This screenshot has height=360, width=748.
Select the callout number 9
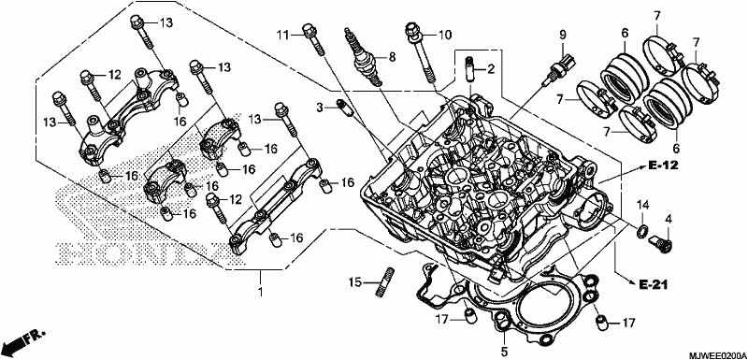tap(563, 35)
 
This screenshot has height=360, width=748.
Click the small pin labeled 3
tap(343, 108)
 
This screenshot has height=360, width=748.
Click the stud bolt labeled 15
tap(387, 282)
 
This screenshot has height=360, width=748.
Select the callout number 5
tap(504, 353)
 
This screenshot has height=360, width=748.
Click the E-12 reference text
tap(663, 166)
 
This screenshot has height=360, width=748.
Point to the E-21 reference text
tap(653, 285)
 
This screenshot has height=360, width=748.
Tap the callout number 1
tap(261, 291)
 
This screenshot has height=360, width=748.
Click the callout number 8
tap(392, 58)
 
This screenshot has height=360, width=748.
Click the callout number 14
tap(643, 206)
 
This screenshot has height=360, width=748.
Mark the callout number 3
tap(320, 107)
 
